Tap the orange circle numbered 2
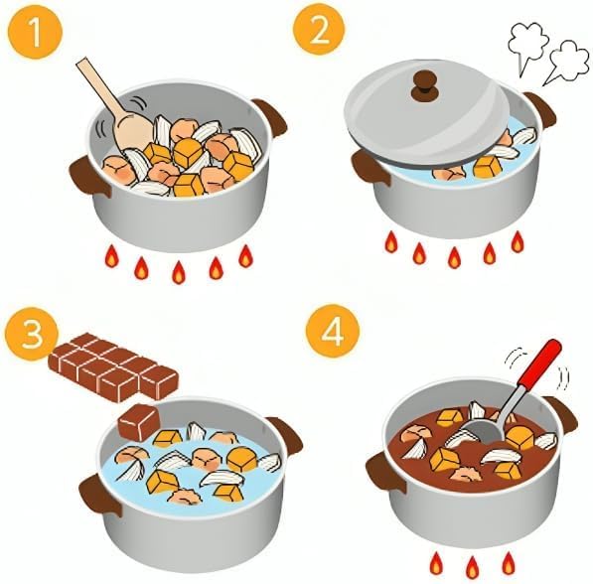coord(319,31)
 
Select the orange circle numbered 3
coord(32,334)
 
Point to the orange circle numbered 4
coord(333,332)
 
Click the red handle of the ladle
coord(540,364)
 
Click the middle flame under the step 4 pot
coord(472,567)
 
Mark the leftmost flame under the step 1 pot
coord(111,255)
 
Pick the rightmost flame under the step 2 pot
coord(518,241)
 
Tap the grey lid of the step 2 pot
coord(425,113)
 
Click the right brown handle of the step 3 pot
coord(288,435)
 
